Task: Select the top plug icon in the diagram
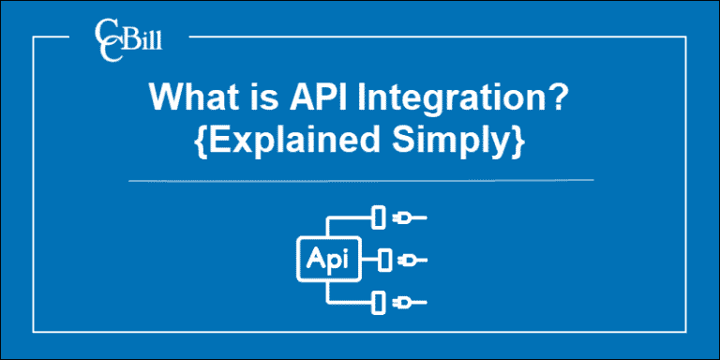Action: tap(406, 217)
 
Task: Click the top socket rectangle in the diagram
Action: tap(378, 217)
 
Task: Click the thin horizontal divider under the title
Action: tap(360, 178)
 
